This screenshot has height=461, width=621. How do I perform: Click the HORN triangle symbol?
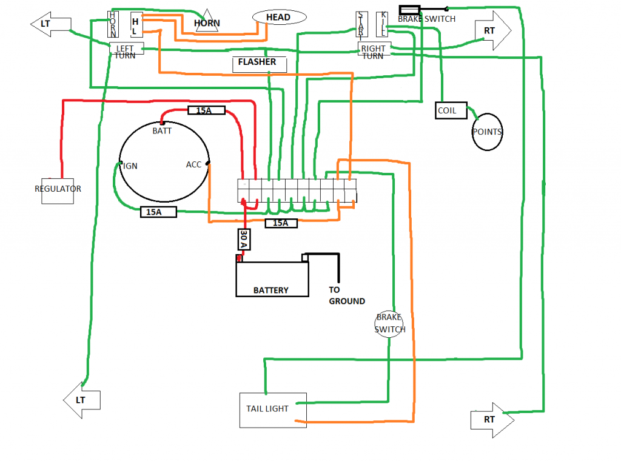[207, 22]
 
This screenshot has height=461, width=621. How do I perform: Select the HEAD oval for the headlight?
[278, 18]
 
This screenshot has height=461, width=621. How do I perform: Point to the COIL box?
[451, 111]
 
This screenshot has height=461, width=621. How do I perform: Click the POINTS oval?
[487, 132]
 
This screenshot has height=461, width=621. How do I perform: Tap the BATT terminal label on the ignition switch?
[162, 130]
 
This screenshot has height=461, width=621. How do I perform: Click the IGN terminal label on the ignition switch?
[130, 165]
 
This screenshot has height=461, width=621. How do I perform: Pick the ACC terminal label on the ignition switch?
[194, 164]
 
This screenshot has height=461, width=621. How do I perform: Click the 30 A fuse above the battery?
[243, 240]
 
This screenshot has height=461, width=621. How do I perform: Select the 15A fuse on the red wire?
[207, 110]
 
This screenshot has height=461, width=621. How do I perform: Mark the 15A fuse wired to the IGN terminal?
[158, 212]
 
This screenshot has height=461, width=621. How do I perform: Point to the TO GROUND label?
[346, 295]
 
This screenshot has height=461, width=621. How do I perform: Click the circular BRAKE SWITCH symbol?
[389, 323]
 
